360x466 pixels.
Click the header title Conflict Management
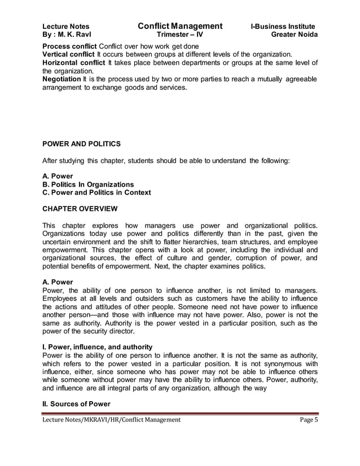[179, 26]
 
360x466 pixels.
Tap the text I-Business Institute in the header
[283, 27]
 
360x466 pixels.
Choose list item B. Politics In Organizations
[88, 184]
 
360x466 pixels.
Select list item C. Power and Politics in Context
[96, 193]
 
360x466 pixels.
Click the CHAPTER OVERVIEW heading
[80, 209]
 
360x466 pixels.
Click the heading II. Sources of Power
[76, 405]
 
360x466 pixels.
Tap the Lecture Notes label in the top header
[65, 27]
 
